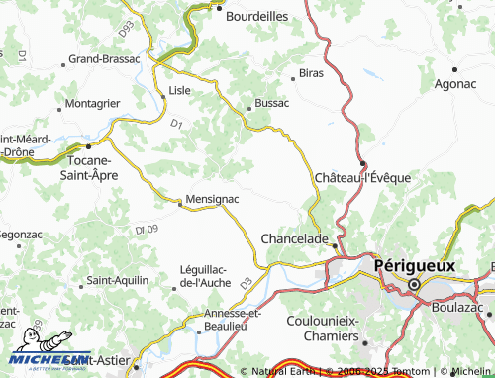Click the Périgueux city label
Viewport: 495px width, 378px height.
(416, 265)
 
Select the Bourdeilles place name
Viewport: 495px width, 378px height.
(256, 16)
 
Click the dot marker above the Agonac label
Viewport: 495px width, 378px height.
(454, 69)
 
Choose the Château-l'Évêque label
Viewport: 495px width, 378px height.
(362, 177)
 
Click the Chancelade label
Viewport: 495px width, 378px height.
(294, 238)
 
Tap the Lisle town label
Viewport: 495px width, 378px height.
(179, 89)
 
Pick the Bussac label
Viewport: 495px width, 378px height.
(271, 102)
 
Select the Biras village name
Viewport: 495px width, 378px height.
(312, 73)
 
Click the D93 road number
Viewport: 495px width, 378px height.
(125, 30)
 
